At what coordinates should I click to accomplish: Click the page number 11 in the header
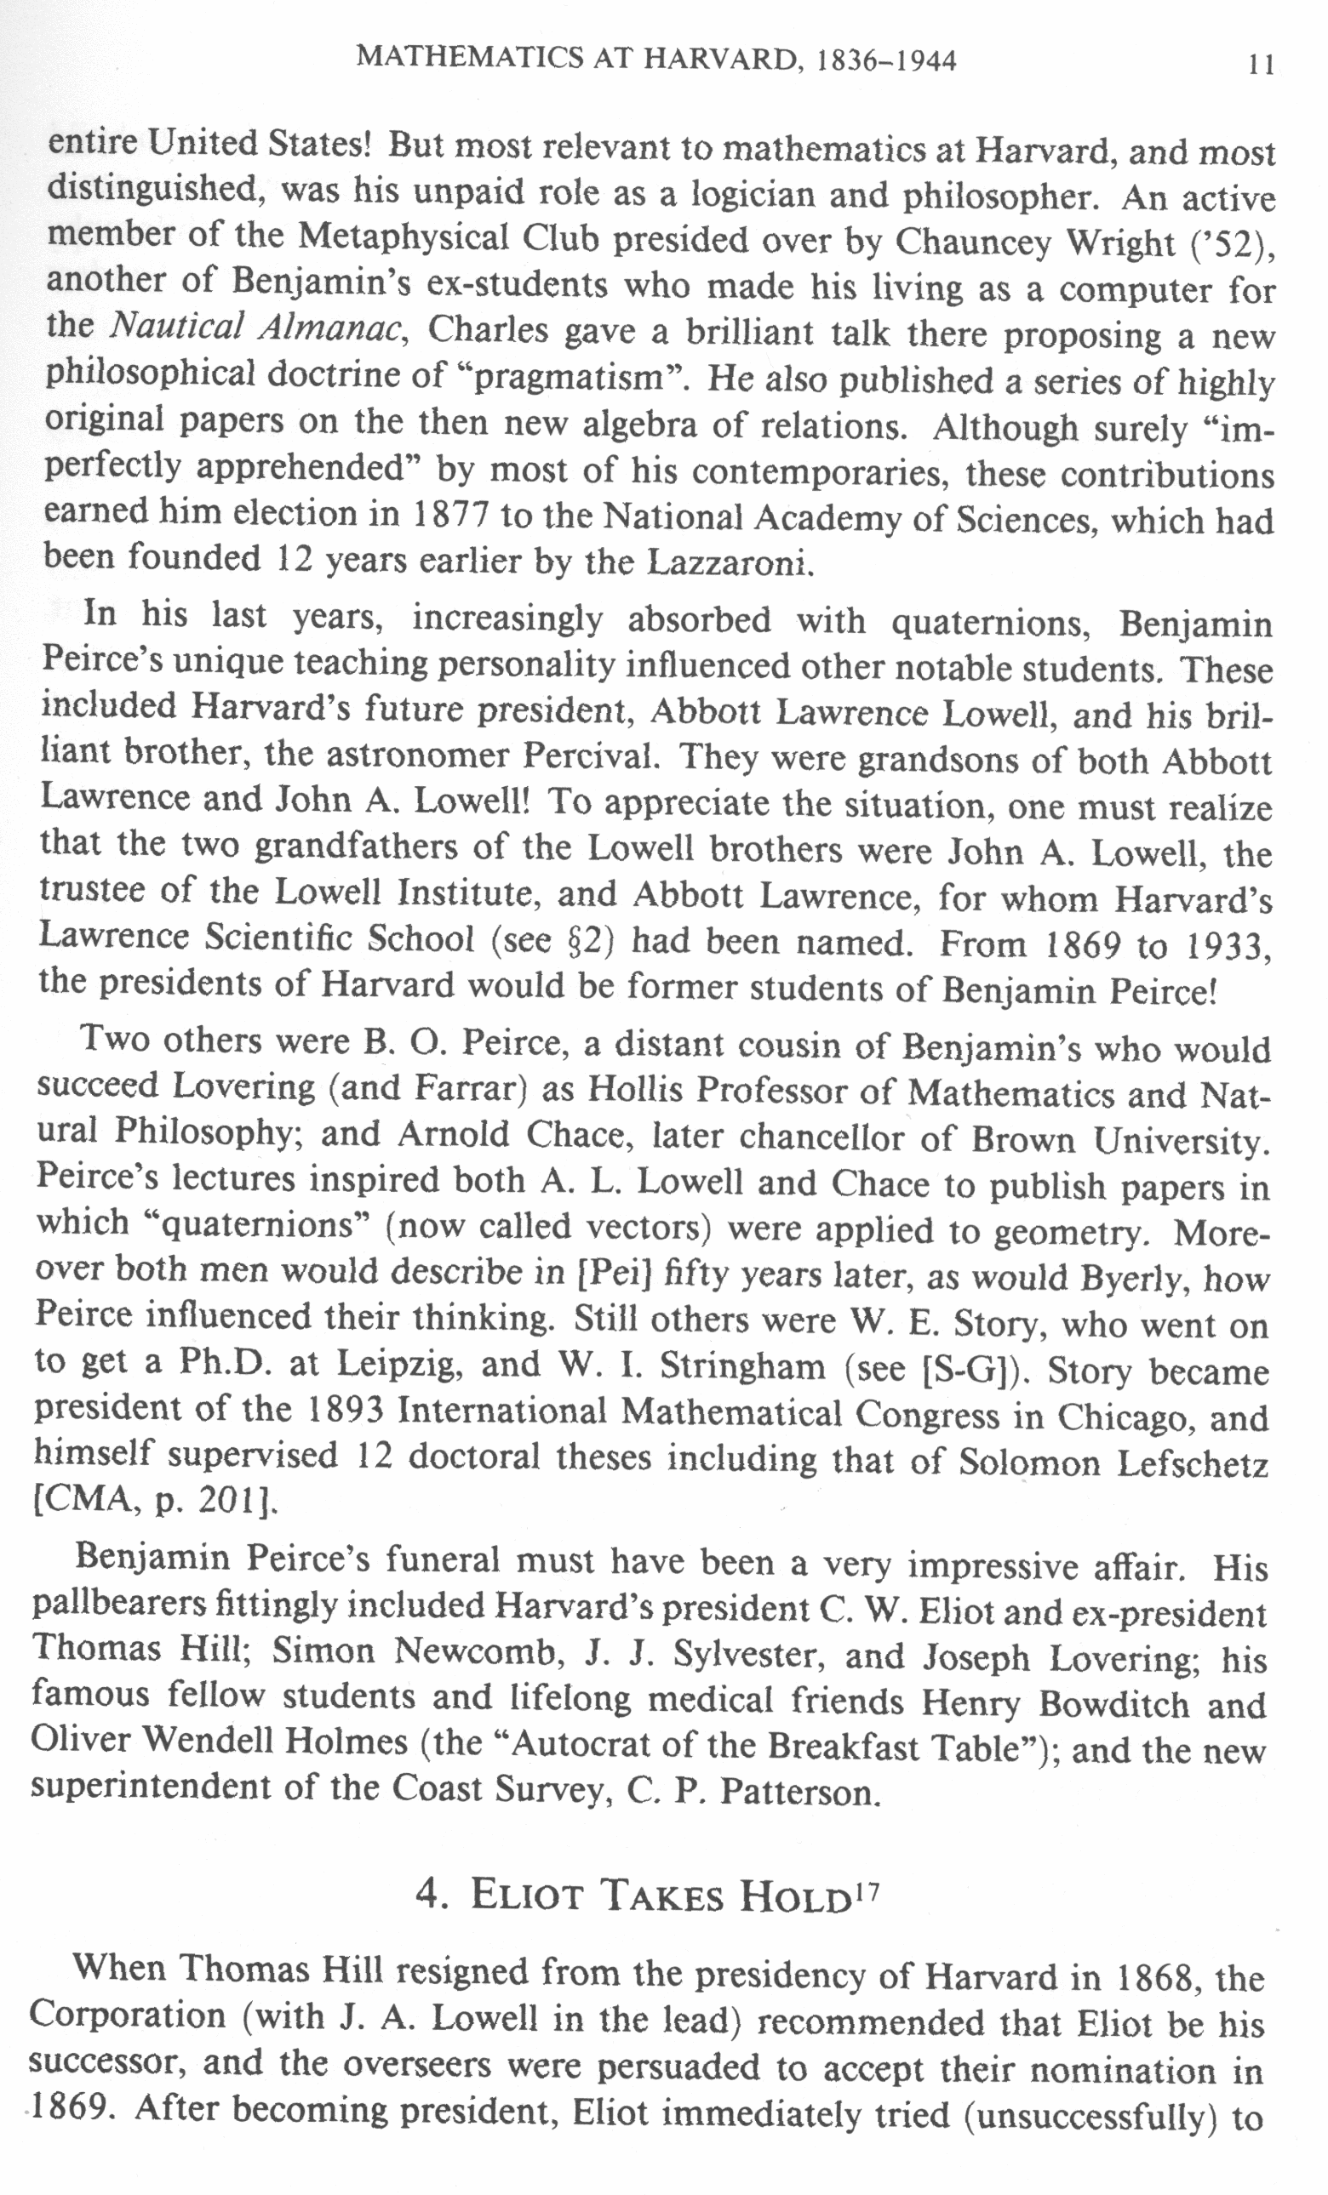[x=1259, y=65]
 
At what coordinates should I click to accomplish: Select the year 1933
[x=1227, y=947]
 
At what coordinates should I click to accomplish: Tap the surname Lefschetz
[x=1194, y=1464]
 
